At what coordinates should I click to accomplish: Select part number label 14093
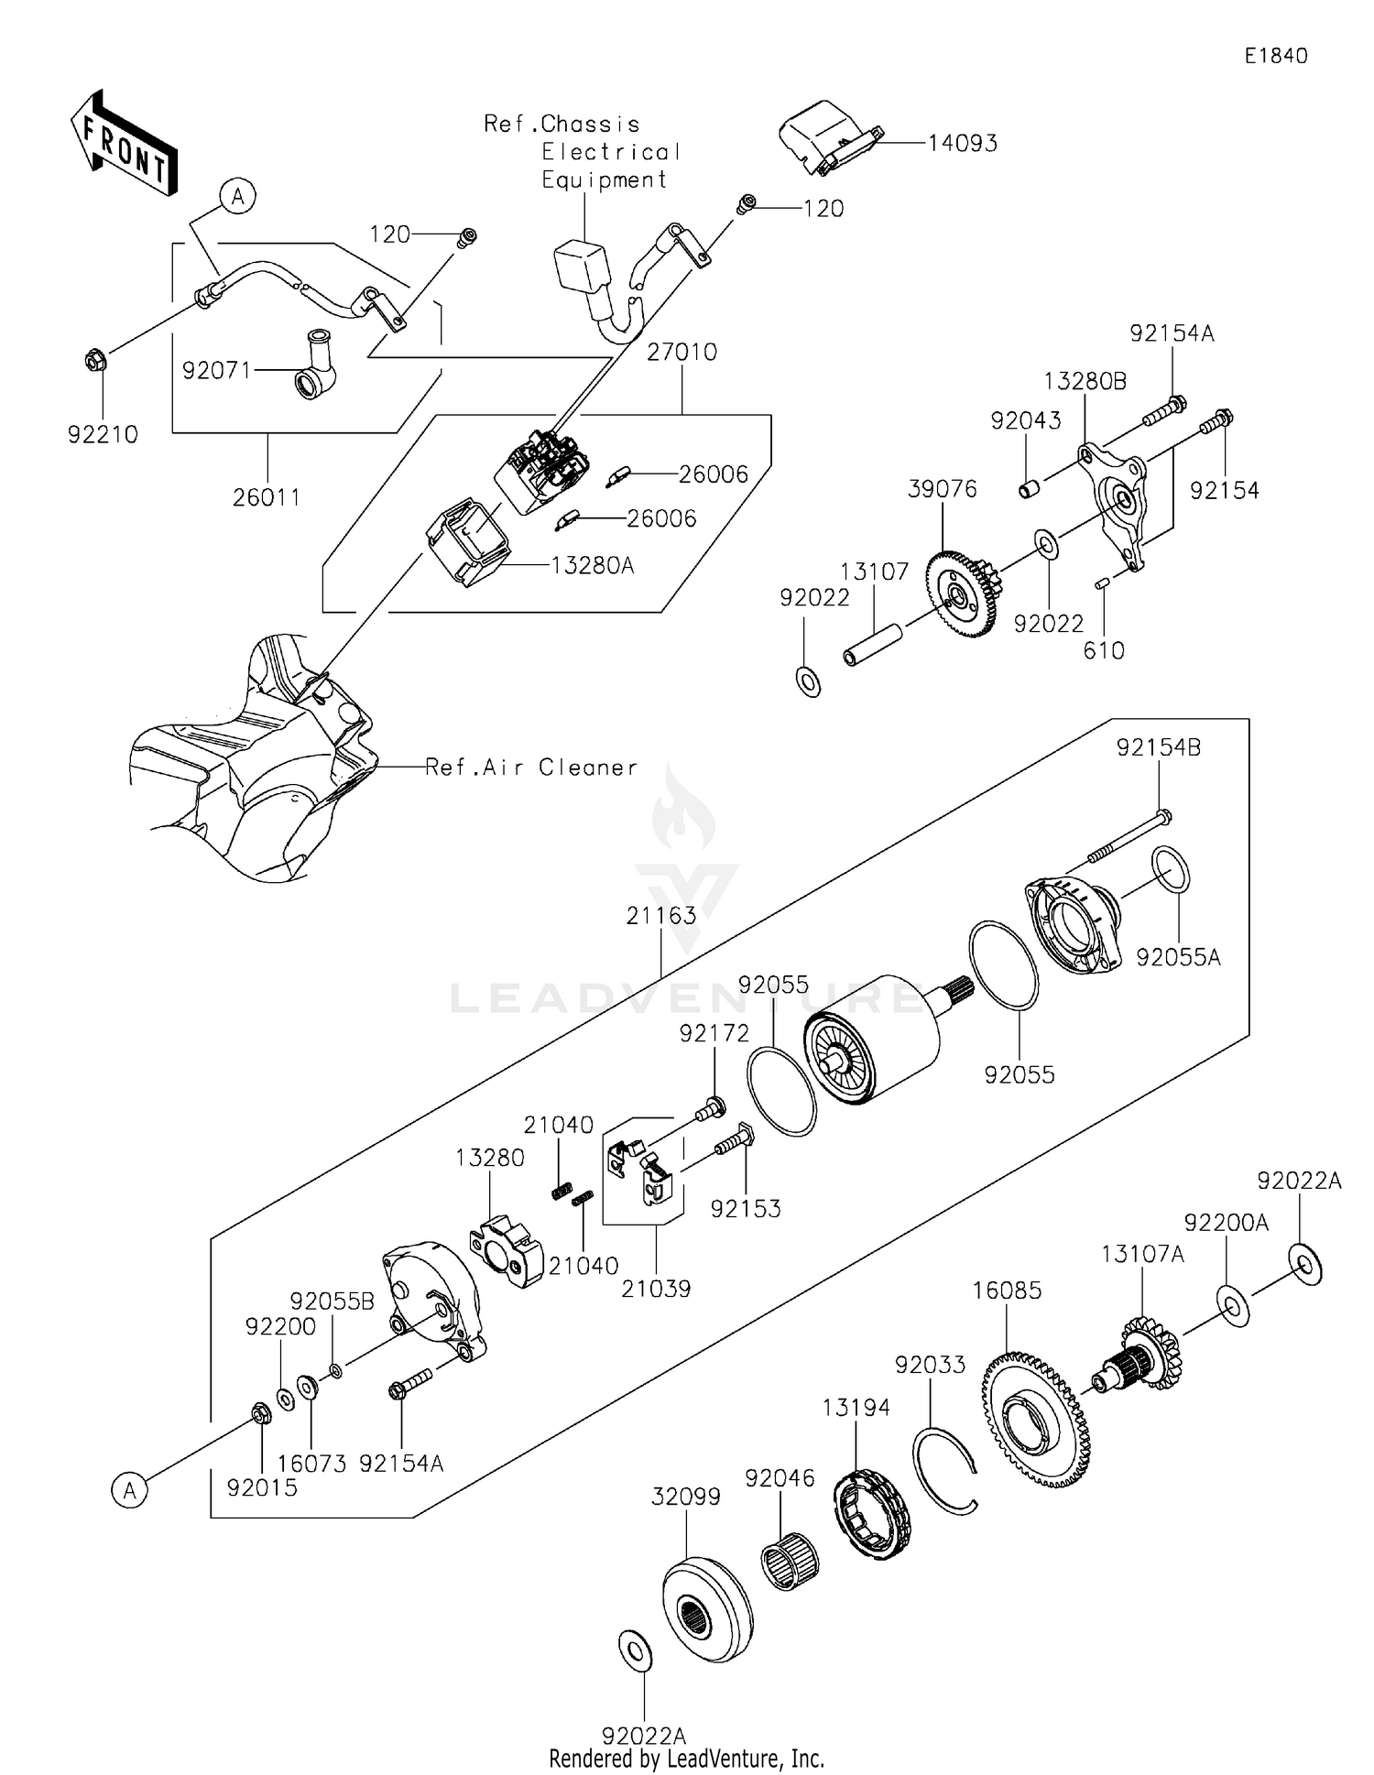pos(962,143)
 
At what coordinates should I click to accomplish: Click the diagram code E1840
pos(1275,56)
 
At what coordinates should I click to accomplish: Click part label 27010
pos(682,352)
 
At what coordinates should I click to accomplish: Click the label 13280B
pos(1085,381)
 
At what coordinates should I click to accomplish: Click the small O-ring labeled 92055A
pos(1172,870)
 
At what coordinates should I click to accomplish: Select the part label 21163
pos(661,915)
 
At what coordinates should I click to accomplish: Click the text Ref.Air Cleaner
pos(531,768)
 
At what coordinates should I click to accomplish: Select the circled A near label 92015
pos(130,1490)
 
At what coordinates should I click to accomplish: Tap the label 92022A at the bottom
pos(643,1735)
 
